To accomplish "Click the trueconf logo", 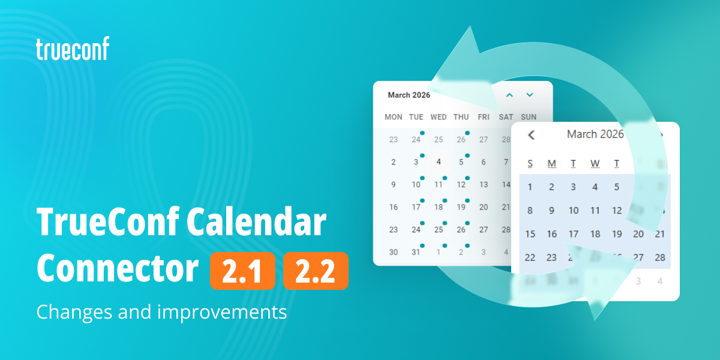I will [x=73, y=49].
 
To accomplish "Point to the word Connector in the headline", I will [x=118, y=270].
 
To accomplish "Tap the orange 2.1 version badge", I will [x=242, y=271].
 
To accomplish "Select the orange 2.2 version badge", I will [x=316, y=271].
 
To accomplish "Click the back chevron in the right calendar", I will [x=531, y=135].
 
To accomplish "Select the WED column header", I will [x=439, y=117].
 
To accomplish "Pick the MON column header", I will [x=394, y=117].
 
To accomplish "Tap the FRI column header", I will [x=484, y=117].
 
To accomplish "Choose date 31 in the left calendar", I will [x=416, y=252].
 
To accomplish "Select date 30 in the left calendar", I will [x=394, y=252].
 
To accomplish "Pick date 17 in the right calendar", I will [x=574, y=234].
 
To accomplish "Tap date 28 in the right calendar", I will [x=660, y=257].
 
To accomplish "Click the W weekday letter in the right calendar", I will [x=595, y=164].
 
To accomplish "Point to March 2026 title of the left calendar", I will [x=409, y=95].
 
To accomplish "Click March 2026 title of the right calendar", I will [x=595, y=134].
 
